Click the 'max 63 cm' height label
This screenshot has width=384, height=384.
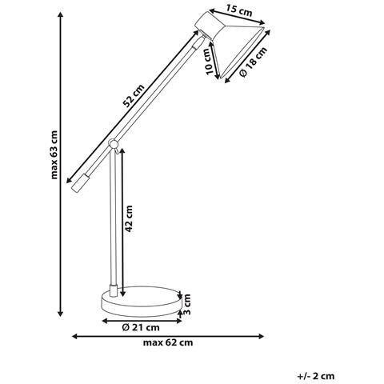[54, 154]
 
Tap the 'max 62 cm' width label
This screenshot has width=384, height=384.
[168, 342]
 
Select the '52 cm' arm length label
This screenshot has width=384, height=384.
[134, 95]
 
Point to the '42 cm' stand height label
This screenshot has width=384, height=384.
[129, 218]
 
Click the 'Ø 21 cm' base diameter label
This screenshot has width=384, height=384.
[141, 327]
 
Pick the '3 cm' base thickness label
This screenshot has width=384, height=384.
[187, 304]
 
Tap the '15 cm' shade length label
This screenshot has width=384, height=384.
[239, 11]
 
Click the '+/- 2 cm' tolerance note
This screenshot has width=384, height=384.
[316, 376]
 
